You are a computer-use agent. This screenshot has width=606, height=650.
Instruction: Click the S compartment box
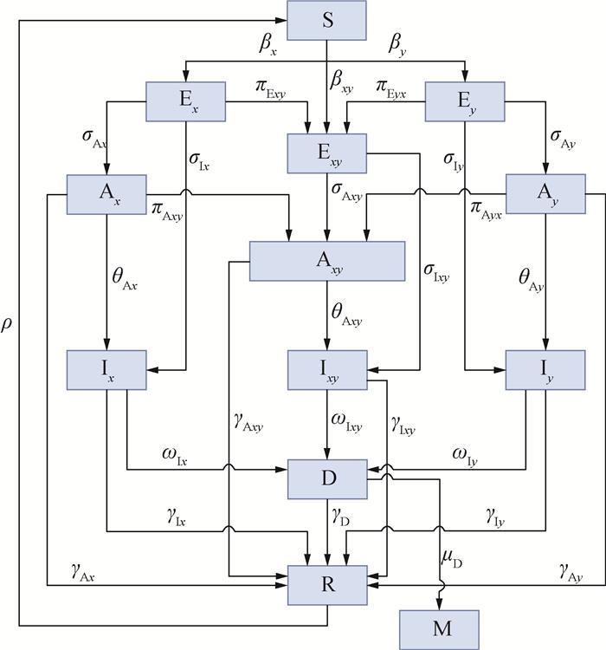pos(328,21)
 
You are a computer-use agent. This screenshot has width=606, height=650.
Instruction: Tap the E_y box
pos(466,101)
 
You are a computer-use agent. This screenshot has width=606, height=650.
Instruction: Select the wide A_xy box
pos(327,260)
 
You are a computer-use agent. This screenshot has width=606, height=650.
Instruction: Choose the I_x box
pos(106,369)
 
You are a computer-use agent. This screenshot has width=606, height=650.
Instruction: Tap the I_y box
pos(545,369)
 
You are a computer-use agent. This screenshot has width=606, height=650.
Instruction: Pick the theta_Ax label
pos(126,277)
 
